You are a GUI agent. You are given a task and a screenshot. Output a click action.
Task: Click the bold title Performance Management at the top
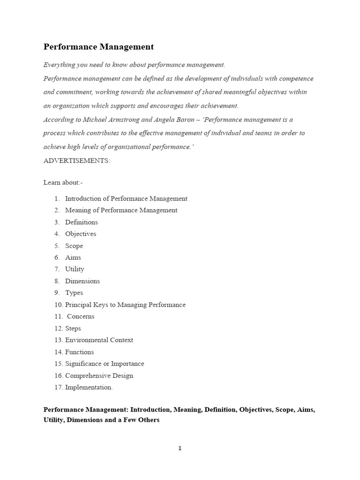pyautogui.click(x=98, y=47)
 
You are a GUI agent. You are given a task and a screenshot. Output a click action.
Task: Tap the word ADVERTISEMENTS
pyautogui.click(x=77, y=161)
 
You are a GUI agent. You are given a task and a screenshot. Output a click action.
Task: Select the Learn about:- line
pyautogui.click(x=63, y=182)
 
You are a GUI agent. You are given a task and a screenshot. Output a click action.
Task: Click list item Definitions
pyautogui.click(x=82, y=222)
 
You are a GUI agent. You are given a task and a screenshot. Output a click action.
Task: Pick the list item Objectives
pyautogui.click(x=81, y=234)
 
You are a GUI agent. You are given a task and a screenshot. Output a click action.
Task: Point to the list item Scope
pyautogui.click(x=74, y=246)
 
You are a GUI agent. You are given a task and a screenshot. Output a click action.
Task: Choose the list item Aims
pyautogui.click(x=73, y=257)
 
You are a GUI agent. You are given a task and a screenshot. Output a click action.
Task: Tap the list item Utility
pyautogui.click(x=75, y=269)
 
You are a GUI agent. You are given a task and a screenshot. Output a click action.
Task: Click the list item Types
pyautogui.click(x=74, y=293)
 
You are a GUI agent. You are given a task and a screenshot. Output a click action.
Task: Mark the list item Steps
pyautogui.click(x=73, y=329)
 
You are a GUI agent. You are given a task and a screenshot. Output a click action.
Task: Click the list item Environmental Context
pyautogui.click(x=99, y=340)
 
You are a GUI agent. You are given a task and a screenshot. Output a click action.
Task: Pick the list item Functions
pyautogui.click(x=79, y=352)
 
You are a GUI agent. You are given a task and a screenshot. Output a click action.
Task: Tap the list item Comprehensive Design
pyautogui.click(x=99, y=375)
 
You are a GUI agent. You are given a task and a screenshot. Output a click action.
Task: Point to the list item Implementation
pyautogui.click(x=89, y=387)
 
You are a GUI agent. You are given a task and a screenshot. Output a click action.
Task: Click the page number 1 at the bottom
pyautogui.click(x=180, y=449)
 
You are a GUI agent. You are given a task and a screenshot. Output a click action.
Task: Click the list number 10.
pyautogui.click(x=58, y=305)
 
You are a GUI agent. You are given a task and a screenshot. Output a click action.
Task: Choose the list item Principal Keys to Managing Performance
pyautogui.click(x=125, y=305)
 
